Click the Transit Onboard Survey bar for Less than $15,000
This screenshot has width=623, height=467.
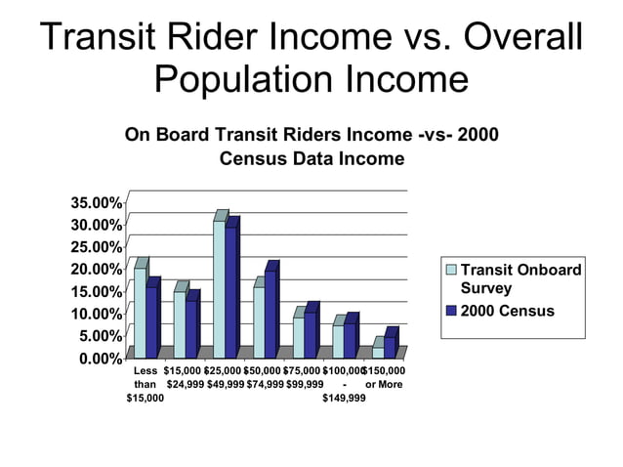[140, 313]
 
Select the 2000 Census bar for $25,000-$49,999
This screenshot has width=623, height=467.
[231, 292]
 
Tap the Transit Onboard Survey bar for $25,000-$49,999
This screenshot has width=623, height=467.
[220, 289]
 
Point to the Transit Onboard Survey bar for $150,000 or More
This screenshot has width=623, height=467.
[378, 353]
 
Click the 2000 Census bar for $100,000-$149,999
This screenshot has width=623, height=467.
[350, 340]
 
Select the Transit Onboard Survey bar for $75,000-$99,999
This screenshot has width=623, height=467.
[299, 338]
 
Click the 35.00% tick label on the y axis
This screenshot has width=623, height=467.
[96, 203]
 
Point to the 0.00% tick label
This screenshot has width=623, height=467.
[99, 359]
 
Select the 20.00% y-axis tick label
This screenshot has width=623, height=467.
[96, 270]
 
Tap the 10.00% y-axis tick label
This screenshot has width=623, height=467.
[96, 314]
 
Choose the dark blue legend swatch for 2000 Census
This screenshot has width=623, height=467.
[451, 311]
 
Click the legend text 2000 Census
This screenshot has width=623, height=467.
[507, 311]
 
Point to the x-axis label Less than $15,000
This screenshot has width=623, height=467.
[145, 385]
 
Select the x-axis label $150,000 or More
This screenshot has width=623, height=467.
[384, 378]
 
